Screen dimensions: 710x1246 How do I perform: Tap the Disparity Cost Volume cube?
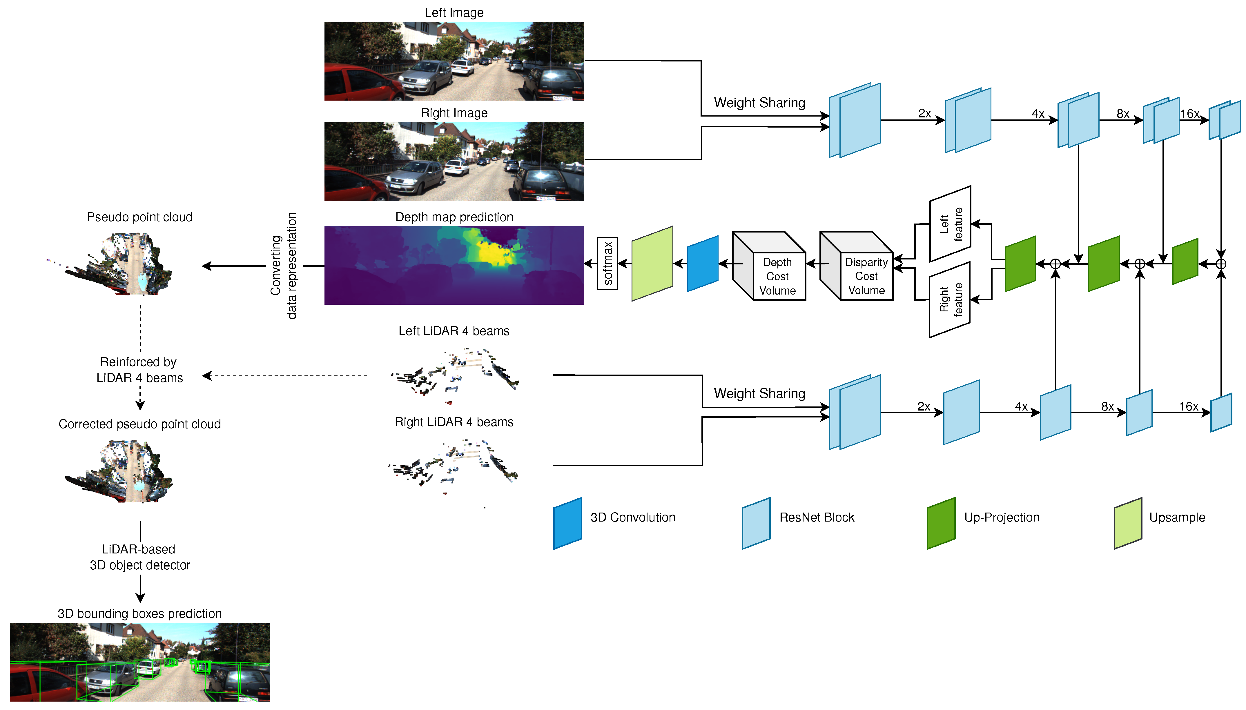[x=857, y=266]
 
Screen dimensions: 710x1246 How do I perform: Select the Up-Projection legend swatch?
[x=941, y=523]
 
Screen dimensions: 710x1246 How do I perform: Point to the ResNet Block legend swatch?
[x=756, y=523]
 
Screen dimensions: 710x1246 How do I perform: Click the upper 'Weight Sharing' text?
[x=759, y=103]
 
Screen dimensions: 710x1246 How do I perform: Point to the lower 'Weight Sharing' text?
[x=759, y=393]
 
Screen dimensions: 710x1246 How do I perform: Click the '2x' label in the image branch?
[x=924, y=114]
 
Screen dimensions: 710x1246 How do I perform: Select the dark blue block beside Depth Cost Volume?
[x=702, y=264]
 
